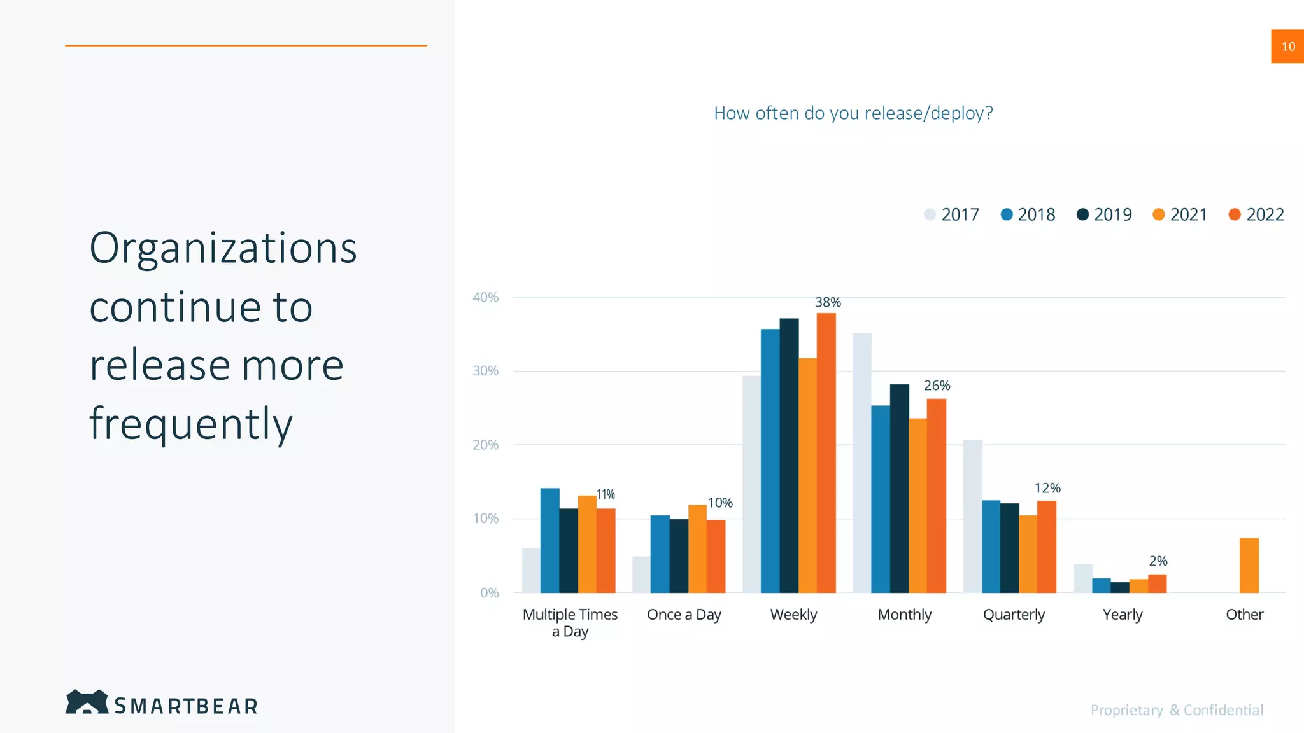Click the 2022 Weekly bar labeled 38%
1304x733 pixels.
(x=826, y=453)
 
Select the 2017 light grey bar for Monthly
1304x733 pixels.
(x=862, y=463)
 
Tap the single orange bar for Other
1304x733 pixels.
(x=1249, y=566)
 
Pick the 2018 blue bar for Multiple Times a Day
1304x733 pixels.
(x=549, y=540)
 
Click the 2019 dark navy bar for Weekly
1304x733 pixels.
(x=789, y=456)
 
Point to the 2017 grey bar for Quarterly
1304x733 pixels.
(x=972, y=516)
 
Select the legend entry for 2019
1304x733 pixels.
(x=1104, y=214)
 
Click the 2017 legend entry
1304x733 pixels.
(x=951, y=214)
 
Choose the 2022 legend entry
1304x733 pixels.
(x=1256, y=214)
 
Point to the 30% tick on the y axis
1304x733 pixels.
(x=485, y=371)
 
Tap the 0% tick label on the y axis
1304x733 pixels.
(x=489, y=593)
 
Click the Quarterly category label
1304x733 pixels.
(x=1014, y=615)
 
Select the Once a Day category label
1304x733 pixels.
(x=684, y=615)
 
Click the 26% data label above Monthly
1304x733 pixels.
(x=937, y=386)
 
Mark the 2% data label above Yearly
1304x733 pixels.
(x=1158, y=561)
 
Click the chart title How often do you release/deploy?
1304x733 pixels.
(x=853, y=113)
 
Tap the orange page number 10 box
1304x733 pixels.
(x=1287, y=46)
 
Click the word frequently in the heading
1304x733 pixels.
(x=191, y=424)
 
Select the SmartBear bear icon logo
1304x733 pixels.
(x=87, y=702)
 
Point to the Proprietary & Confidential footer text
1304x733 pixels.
(x=1177, y=710)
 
